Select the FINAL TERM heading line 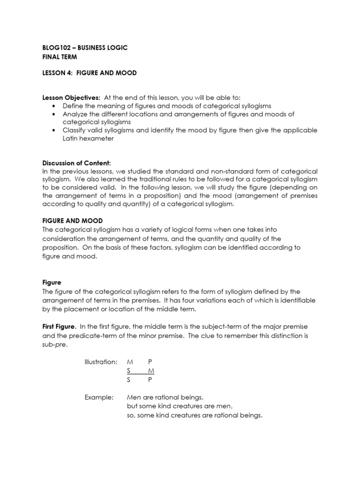pyautogui.click(x=59, y=57)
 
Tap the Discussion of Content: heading pyautogui.click(x=76, y=163)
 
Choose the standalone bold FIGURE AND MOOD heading pyautogui.click(x=72, y=220)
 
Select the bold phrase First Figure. pyautogui.click(x=59, y=326)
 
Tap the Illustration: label pyautogui.click(x=101, y=362)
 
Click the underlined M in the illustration pyautogui.click(x=151, y=371)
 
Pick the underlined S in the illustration pyautogui.click(x=129, y=371)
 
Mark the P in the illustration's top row pyautogui.click(x=150, y=362)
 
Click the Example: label pyautogui.click(x=99, y=397)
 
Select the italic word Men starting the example pyautogui.click(x=134, y=397)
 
